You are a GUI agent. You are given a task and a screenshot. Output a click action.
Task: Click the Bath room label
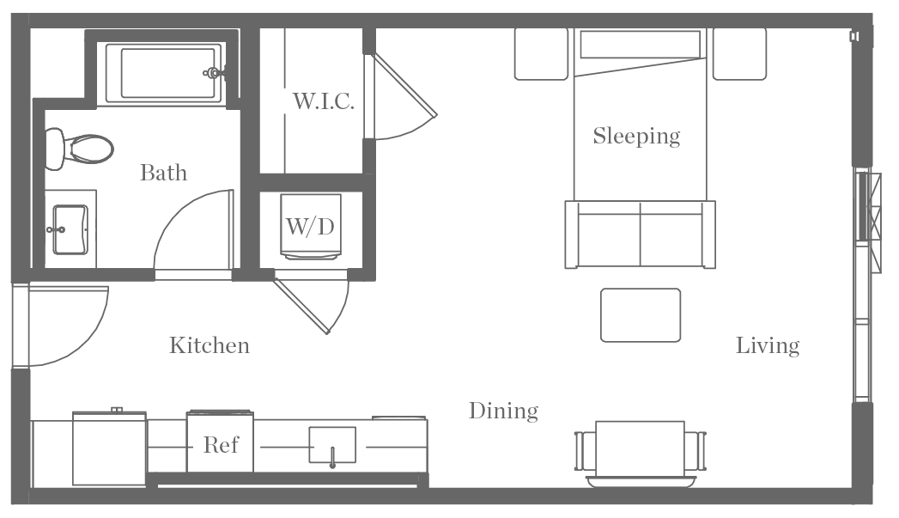163,173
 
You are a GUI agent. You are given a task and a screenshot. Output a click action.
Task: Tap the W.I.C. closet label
324,101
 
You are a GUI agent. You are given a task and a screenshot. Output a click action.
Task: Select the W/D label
309,227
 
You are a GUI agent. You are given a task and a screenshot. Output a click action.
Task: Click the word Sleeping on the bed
636,136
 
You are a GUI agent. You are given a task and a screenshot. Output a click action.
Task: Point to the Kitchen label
209,345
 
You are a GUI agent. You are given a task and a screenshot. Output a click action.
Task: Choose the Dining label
503,411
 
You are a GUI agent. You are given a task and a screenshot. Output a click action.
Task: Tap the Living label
768,345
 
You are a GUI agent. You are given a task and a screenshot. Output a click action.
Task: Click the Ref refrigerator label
221,445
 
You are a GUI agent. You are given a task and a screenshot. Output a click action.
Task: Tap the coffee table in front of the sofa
641,315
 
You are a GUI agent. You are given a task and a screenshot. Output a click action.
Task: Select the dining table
640,448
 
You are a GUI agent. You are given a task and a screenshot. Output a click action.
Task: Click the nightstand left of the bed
541,54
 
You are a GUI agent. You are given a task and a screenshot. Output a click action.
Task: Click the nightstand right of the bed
739,54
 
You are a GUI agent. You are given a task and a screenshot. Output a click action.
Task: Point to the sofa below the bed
640,235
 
